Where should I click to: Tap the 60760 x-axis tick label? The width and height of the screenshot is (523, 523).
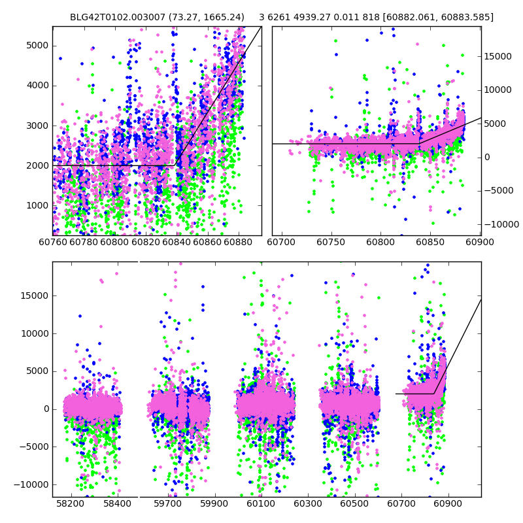(53, 242)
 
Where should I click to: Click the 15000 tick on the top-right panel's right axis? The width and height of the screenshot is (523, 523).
(498, 57)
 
